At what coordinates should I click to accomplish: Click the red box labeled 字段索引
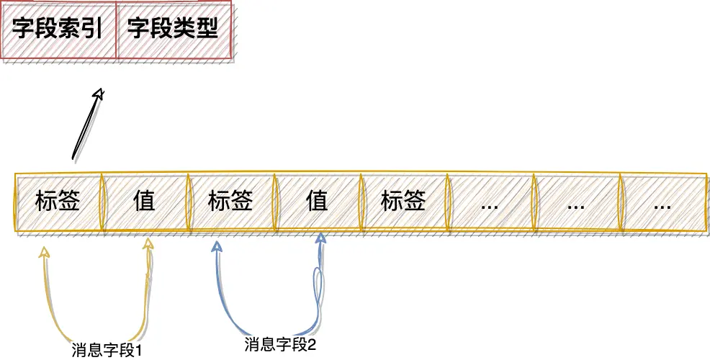coord(58,29)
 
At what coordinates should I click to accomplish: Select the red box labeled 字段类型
coord(173,29)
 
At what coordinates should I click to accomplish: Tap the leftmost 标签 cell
coord(58,201)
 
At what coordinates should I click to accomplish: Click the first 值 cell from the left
coord(144,201)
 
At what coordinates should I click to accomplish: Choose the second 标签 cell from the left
coord(230,201)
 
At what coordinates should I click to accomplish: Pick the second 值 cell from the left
coord(317,201)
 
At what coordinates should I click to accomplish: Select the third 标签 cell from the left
coord(403,201)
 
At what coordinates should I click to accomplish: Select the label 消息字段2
coord(281,344)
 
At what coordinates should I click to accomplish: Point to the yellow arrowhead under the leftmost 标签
coord(45,251)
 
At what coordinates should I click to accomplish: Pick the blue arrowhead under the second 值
coord(321,238)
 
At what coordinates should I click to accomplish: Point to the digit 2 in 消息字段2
coord(313,344)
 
